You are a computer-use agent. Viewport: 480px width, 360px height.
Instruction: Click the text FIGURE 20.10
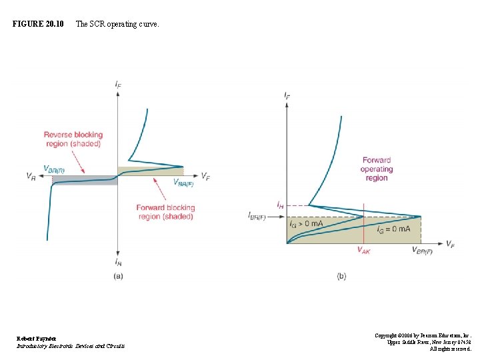[x=38, y=24]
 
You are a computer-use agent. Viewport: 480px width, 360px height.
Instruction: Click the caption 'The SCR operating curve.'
[x=117, y=24]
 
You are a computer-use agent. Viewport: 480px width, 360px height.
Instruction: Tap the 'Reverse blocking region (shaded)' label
[x=73, y=139]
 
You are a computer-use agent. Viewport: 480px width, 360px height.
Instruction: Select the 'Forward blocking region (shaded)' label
[x=165, y=212]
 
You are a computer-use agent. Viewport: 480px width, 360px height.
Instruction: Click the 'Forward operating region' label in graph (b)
[x=377, y=169]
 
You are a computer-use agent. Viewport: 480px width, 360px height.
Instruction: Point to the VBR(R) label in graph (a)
[x=54, y=169]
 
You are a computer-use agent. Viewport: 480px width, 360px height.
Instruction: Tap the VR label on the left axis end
[x=31, y=177]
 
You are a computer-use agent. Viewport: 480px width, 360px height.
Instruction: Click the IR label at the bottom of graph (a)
[x=118, y=263]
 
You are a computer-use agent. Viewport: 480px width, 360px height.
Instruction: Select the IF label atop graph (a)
[x=118, y=84]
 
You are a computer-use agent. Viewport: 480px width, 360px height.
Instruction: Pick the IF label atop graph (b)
[x=287, y=96]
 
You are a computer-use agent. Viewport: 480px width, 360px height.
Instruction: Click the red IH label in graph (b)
[x=280, y=205]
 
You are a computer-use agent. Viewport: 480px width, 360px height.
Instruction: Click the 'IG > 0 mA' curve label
[x=307, y=224]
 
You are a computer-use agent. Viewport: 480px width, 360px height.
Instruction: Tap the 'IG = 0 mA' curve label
[x=393, y=230]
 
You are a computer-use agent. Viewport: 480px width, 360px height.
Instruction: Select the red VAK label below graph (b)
[x=363, y=251]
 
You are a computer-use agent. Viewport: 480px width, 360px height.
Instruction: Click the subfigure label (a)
[x=118, y=276]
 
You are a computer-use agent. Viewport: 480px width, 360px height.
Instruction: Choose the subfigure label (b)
[x=341, y=276]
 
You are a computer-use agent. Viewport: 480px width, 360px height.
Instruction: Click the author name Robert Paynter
[x=37, y=339]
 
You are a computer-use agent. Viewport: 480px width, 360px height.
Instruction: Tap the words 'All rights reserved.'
[x=451, y=349]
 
